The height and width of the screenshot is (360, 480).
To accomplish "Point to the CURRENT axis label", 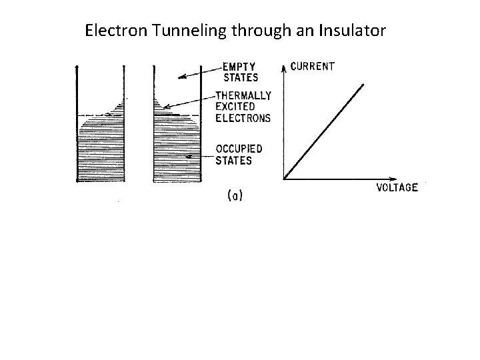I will [313, 67].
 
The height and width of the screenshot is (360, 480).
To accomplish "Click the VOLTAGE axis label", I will [397, 187].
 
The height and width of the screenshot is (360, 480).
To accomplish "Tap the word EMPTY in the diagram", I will [241, 67].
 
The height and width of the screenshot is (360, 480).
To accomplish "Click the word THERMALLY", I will [243, 95].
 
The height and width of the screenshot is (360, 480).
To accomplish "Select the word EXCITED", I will [235, 107].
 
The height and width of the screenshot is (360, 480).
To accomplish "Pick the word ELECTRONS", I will [243, 118].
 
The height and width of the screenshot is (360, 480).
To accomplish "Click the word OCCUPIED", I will [239, 149].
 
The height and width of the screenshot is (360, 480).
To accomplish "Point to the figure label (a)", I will [235, 195].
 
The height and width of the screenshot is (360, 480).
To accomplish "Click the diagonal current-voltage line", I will [325, 131].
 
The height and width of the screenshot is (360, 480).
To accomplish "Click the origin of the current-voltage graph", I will [285, 179].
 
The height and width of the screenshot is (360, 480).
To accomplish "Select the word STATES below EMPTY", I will [240, 77].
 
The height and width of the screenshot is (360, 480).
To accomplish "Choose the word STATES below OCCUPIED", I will [233, 160].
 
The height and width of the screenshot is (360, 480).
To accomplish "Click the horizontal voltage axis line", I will [333, 179].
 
